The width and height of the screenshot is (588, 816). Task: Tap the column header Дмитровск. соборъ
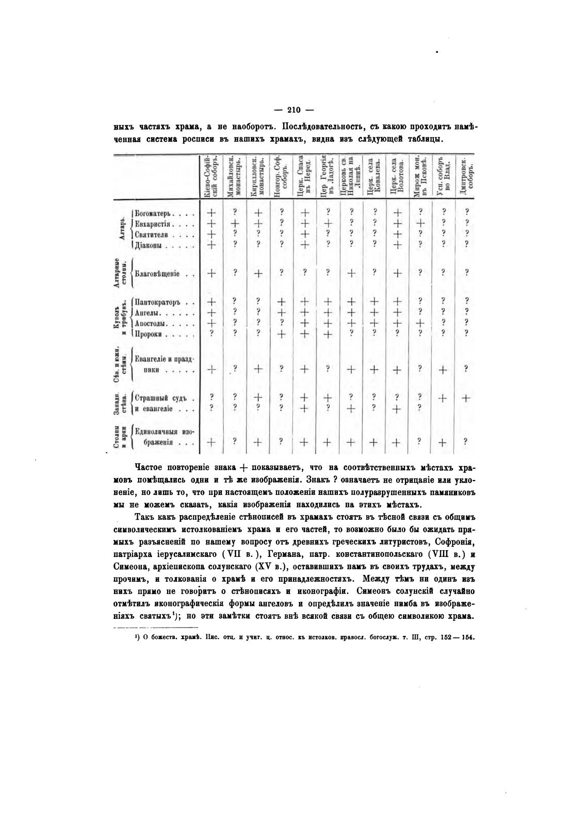(x=466, y=178)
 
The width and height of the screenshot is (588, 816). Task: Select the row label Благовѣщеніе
(x=157, y=274)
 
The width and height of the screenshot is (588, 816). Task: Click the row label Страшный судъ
(x=157, y=398)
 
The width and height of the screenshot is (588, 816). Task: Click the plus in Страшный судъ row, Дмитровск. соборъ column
(x=466, y=398)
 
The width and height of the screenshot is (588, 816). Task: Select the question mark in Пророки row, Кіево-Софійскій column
(x=211, y=334)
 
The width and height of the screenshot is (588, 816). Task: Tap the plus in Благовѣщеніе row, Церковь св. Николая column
(x=350, y=274)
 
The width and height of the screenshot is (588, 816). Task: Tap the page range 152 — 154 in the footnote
(x=456, y=637)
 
